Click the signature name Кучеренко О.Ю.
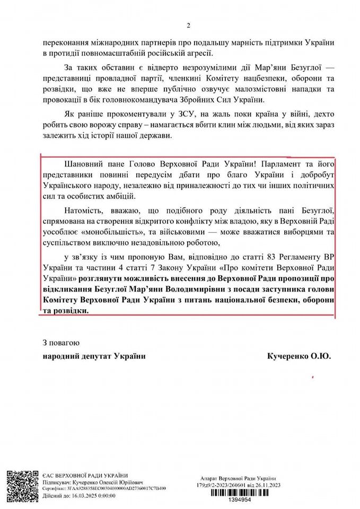[300, 357]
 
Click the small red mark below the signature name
[314, 377]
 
